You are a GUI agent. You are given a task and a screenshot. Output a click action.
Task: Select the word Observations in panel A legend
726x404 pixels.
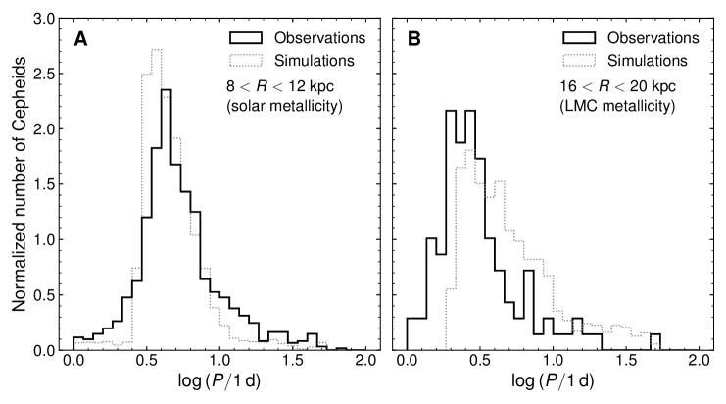pos(317,38)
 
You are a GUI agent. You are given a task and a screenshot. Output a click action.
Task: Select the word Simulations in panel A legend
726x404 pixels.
pos(313,60)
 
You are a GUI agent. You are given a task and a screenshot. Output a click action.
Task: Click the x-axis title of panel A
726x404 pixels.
pos(219,385)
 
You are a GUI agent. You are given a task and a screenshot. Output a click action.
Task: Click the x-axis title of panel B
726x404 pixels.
pos(553,385)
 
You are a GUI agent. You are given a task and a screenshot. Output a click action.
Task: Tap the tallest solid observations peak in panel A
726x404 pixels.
pos(166,90)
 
